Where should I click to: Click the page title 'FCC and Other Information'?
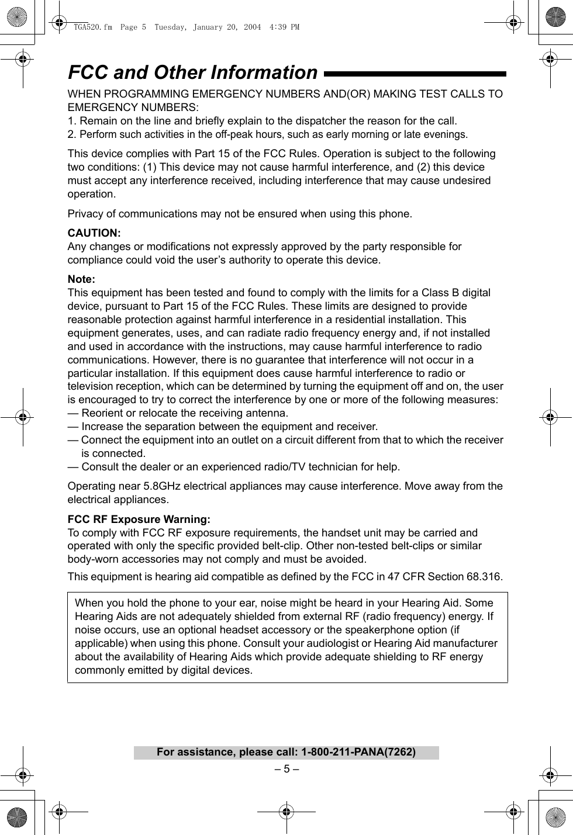click(x=192, y=72)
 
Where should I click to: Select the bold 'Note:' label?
click(x=81, y=279)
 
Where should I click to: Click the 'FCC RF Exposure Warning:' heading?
click(x=139, y=519)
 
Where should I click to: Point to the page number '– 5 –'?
click(x=286, y=768)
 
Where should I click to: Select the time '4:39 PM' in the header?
click(x=285, y=27)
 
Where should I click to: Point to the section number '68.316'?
click(x=483, y=577)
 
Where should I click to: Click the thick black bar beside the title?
click(x=415, y=74)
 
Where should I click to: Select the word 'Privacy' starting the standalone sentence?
click(x=85, y=214)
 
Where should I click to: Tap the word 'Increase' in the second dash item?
click(x=102, y=427)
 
